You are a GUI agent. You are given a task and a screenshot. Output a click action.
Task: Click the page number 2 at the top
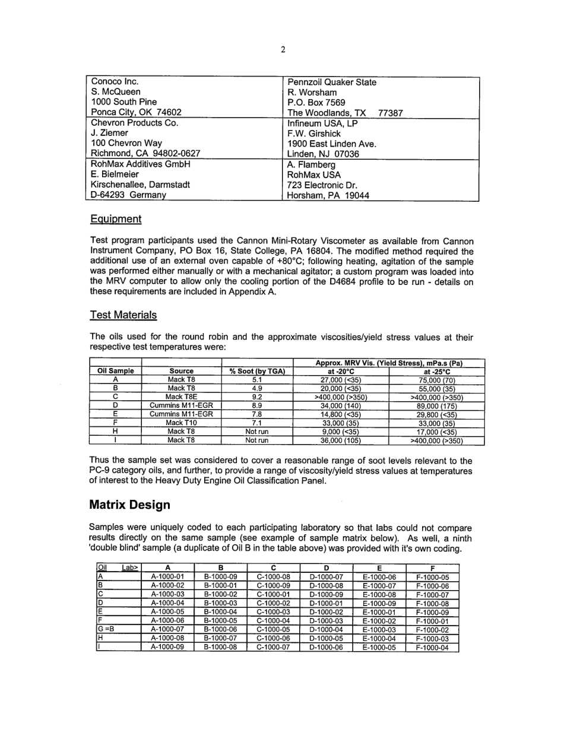[283, 50]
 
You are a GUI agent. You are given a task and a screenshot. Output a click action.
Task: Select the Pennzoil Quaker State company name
[331, 83]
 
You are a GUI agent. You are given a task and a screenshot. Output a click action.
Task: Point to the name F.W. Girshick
[314, 134]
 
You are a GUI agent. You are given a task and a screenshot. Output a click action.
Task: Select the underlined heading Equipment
[116, 219]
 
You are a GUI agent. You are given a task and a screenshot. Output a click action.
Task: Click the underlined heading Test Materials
[123, 315]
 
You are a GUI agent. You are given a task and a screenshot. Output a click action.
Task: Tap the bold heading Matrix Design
[129, 505]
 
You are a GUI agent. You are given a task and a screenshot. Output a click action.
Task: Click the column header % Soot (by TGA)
[257, 371]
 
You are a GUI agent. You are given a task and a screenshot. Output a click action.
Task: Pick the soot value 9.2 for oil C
[257, 397]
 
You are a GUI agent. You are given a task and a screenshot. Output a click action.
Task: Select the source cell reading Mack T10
[181, 423]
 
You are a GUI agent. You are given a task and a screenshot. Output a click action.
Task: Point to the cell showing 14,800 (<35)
[341, 414]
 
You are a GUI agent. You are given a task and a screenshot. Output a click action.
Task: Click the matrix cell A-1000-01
[168, 576]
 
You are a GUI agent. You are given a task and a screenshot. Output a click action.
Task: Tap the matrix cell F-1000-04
[432, 648]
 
